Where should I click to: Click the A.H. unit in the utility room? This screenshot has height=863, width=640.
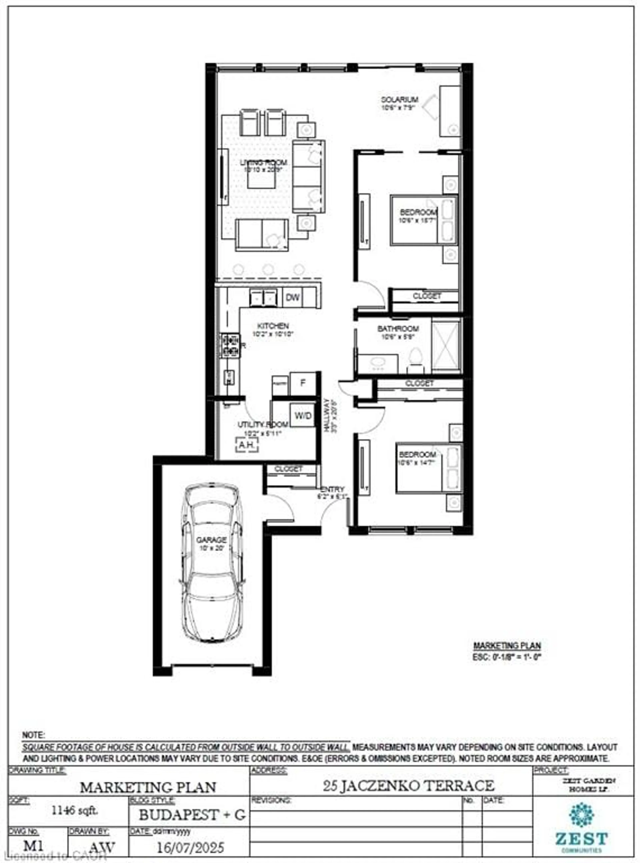coord(247,445)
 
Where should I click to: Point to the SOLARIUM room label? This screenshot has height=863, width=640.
coord(399,100)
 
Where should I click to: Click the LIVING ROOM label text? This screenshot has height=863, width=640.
coord(263,162)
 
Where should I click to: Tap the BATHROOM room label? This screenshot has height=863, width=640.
coord(398,329)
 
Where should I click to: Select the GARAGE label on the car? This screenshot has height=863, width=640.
coord(211,540)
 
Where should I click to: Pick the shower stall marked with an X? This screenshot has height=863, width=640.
coord(446,345)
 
